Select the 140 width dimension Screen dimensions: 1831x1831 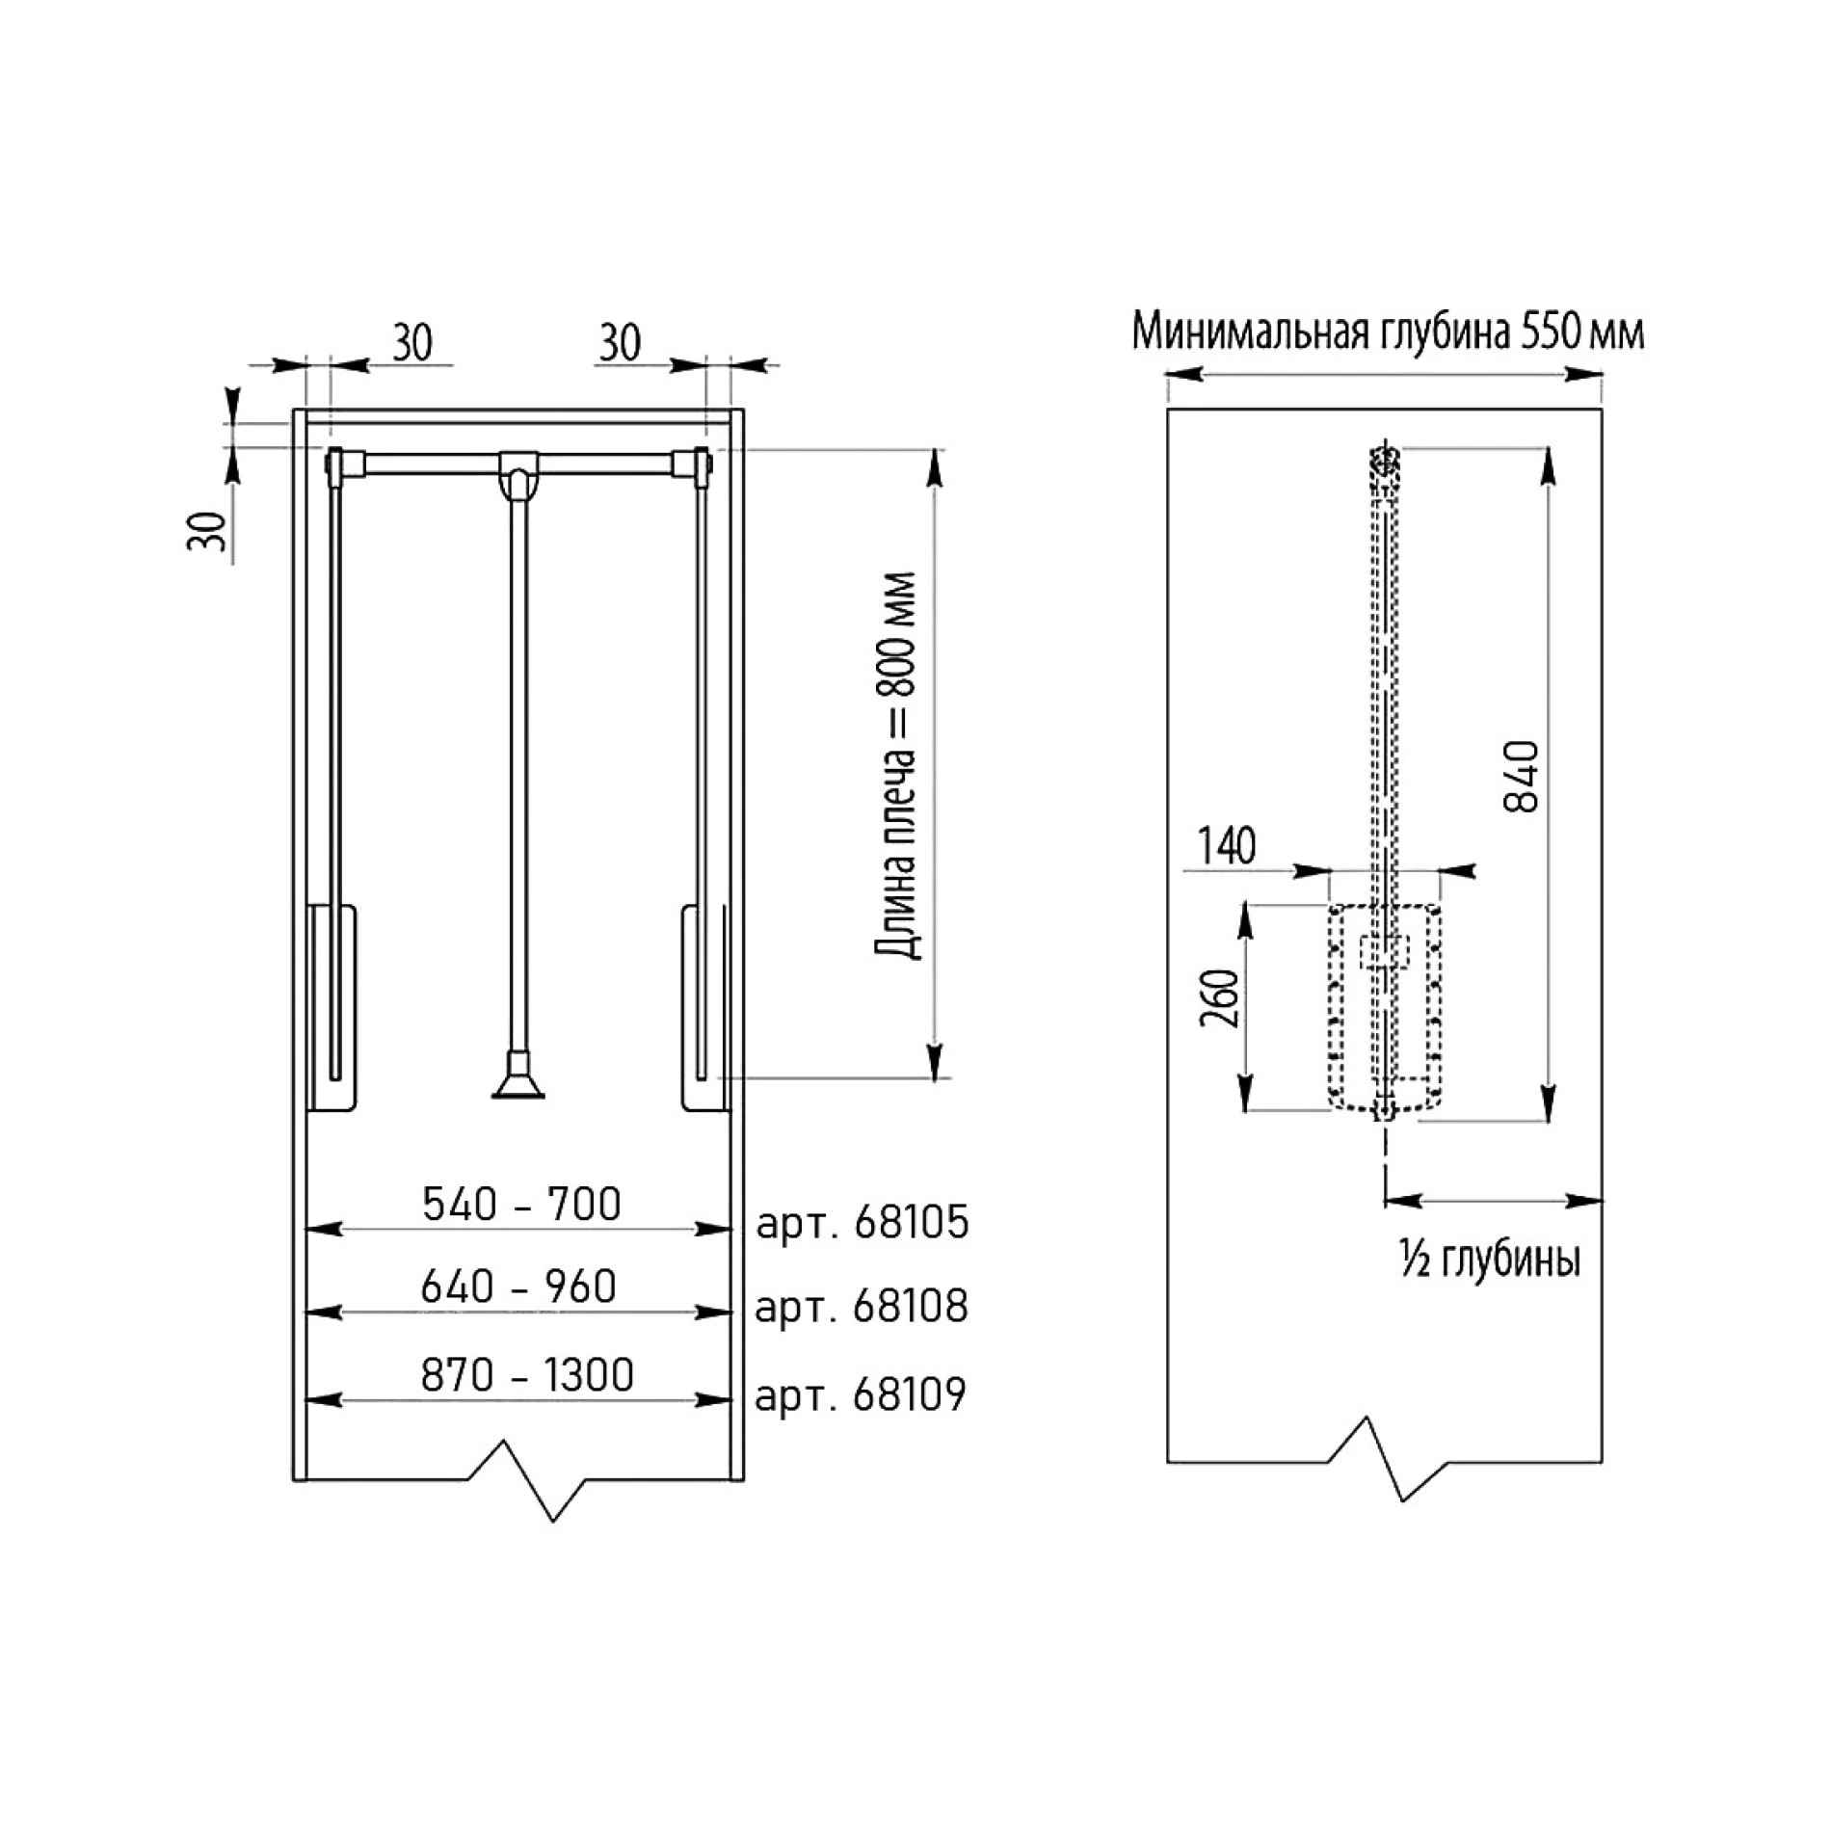(1227, 846)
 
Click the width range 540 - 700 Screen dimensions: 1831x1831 (521, 1204)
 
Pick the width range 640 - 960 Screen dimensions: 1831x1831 (518, 1287)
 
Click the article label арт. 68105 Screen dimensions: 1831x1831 (862, 1224)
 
